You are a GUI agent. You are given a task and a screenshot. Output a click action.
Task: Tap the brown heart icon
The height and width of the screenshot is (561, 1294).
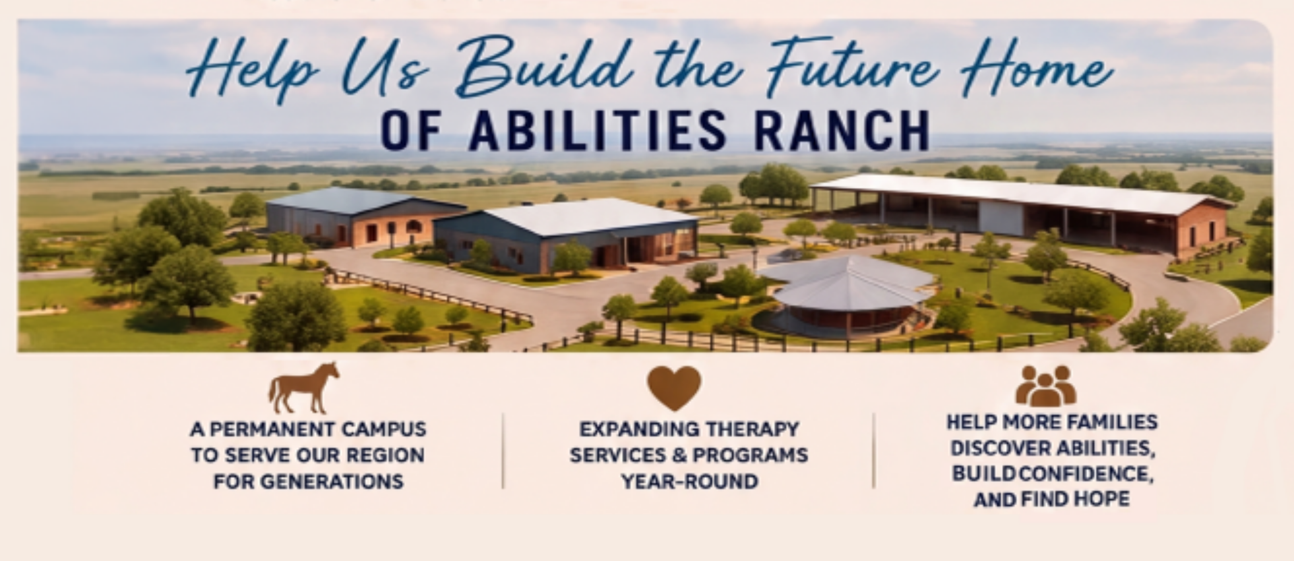click(x=674, y=388)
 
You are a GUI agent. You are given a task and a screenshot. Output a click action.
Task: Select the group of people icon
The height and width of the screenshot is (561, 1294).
click(x=1045, y=386)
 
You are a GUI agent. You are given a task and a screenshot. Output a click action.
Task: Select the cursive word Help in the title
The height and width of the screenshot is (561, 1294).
click(x=253, y=71)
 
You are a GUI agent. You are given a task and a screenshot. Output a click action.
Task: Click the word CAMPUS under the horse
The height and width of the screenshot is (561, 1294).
click(x=383, y=430)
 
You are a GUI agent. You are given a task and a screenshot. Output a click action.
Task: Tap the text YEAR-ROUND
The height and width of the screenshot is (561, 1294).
click(x=689, y=481)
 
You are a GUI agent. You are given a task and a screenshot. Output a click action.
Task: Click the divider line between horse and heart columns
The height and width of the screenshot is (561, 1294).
click(x=503, y=450)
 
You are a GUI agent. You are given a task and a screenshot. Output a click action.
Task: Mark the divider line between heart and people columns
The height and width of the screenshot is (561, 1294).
click(x=874, y=450)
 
